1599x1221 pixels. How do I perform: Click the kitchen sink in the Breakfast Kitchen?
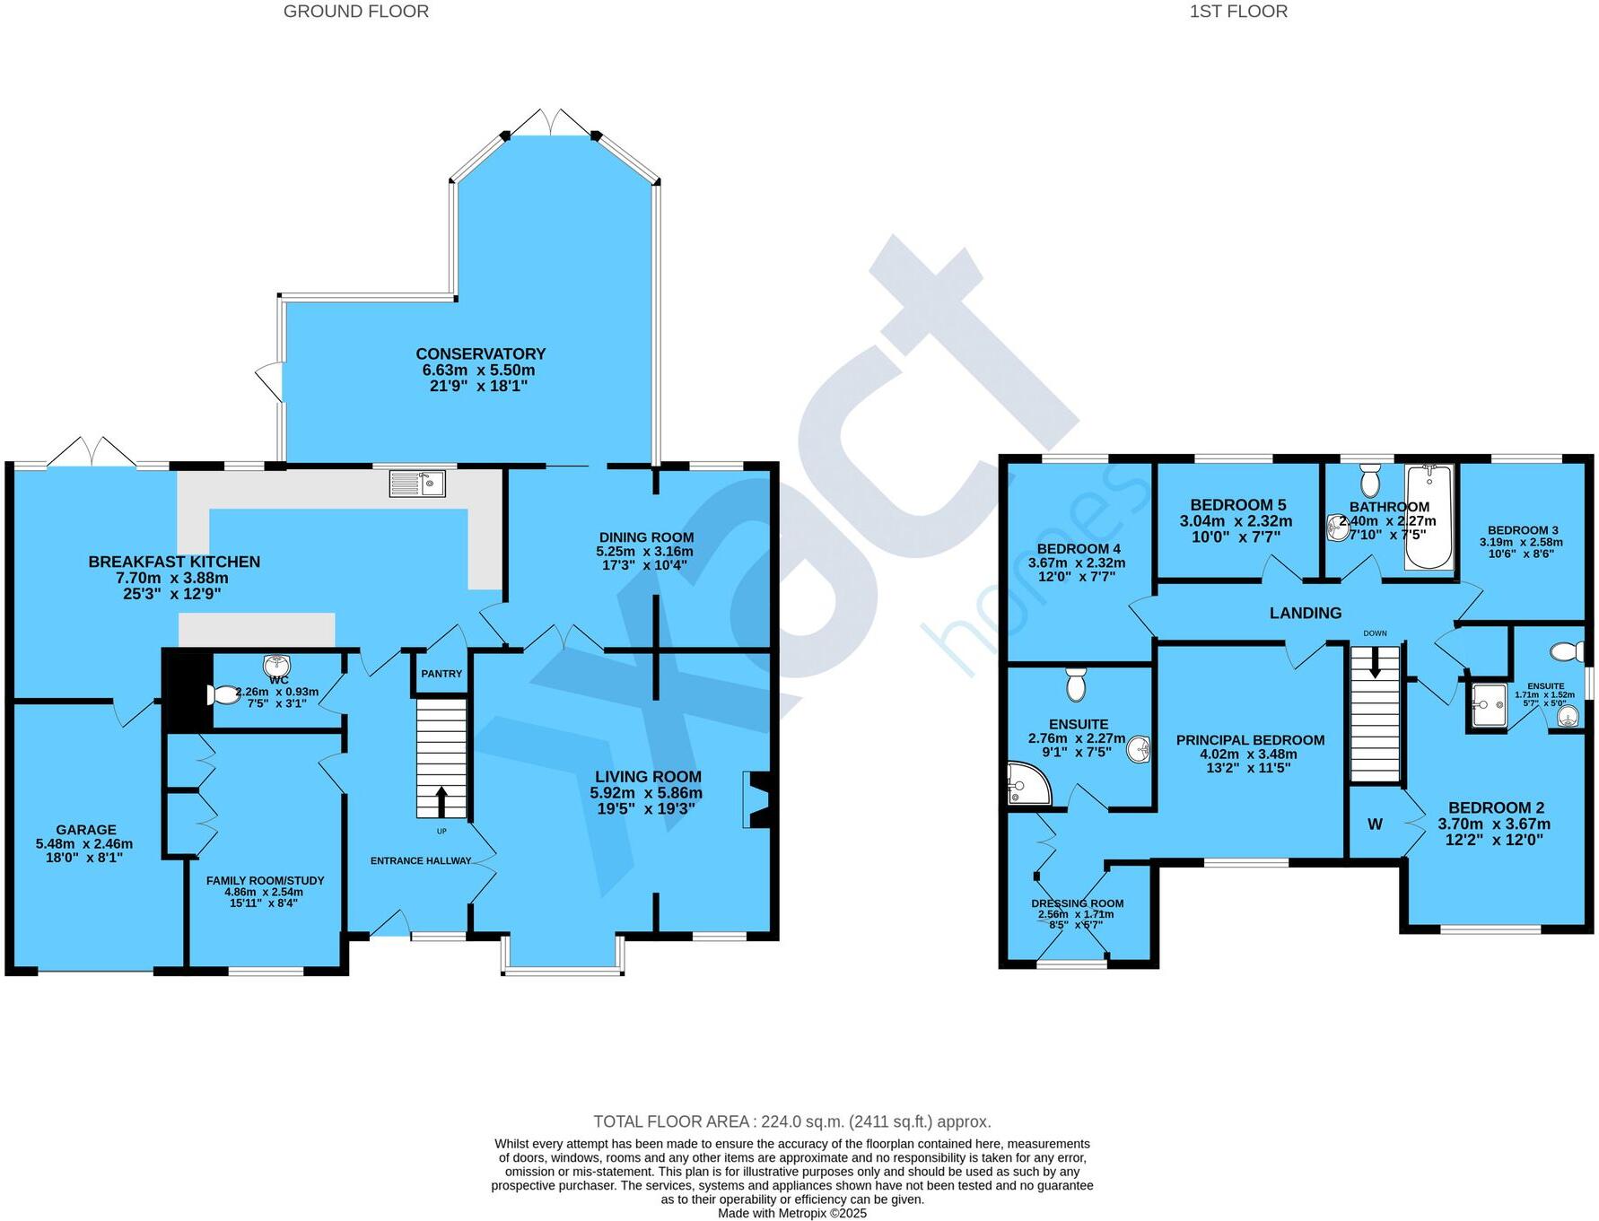(417, 484)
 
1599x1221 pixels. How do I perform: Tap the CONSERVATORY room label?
(480, 353)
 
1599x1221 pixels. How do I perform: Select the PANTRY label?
(441, 674)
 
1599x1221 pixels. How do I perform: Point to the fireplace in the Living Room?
(755, 799)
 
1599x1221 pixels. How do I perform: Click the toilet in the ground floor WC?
(223, 694)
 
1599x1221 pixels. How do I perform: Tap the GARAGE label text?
(86, 830)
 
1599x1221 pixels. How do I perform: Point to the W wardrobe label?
(1375, 824)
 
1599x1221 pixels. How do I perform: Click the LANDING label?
(1305, 613)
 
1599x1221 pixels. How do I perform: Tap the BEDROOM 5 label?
(1237, 505)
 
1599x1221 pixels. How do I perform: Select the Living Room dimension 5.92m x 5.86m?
(646, 793)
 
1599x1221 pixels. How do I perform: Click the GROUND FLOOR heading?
(356, 12)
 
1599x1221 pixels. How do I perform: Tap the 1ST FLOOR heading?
(1238, 12)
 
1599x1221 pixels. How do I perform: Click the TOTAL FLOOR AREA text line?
(791, 1121)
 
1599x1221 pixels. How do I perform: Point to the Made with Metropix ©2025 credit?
(791, 1213)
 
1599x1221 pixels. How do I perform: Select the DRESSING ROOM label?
(1077, 903)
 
